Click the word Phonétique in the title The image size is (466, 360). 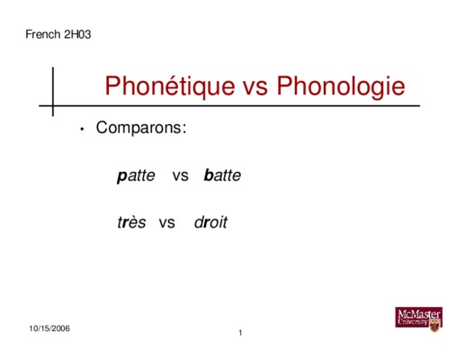click(170, 87)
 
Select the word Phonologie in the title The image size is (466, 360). click(341, 87)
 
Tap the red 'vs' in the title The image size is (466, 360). click(255, 89)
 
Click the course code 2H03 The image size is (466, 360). click(77, 34)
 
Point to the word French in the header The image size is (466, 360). click(43, 34)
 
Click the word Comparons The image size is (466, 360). click(139, 128)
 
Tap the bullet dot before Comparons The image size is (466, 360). click(82, 130)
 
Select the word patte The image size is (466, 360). click(136, 175)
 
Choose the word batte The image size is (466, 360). click(222, 175)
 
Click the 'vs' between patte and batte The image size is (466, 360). click(181, 176)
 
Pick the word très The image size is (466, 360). click(131, 222)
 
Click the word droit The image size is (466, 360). click(211, 222)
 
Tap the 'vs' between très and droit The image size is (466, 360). click(167, 223)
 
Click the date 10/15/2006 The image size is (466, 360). click(49, 328)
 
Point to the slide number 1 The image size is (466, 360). click(240, 333)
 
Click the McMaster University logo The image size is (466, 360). click(419, 319)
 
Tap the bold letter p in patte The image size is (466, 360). click(121, 176)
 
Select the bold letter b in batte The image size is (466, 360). click(209, 175)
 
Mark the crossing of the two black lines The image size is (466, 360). click(53, 105)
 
